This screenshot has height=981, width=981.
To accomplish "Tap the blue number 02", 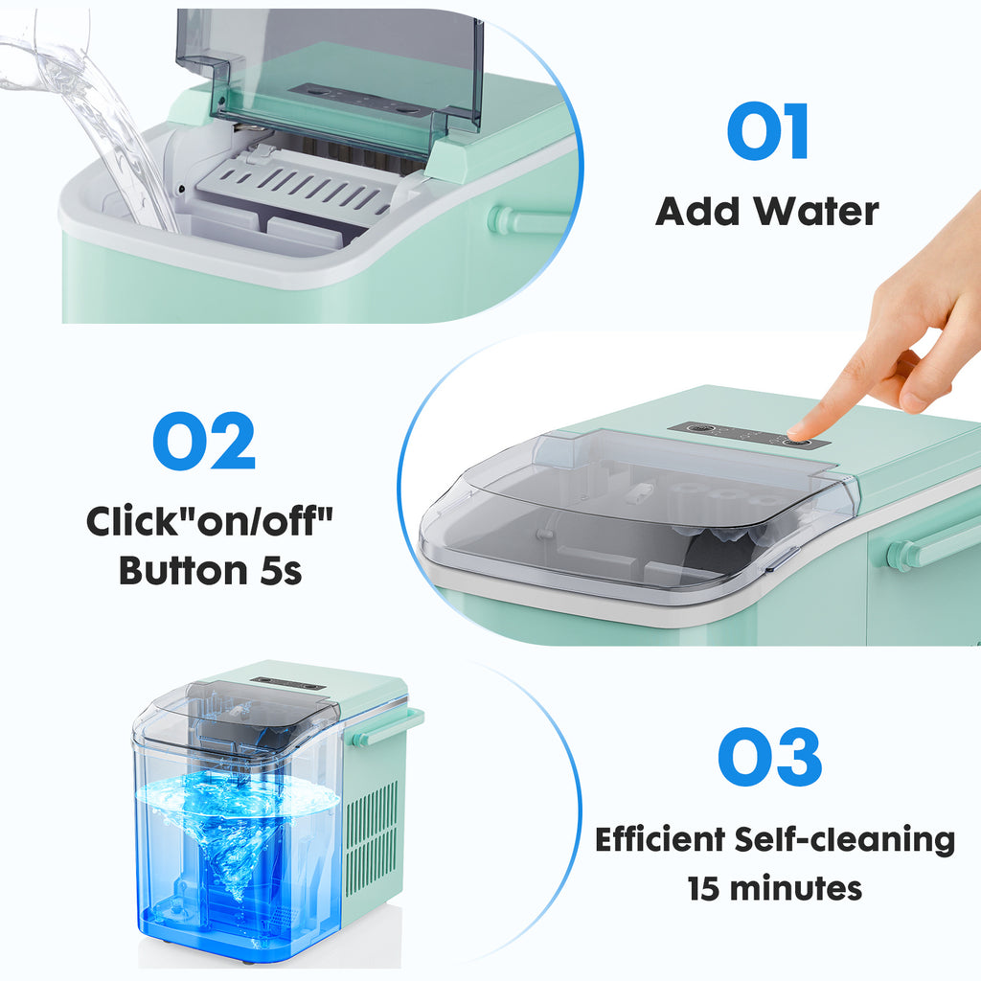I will tap(204, 441).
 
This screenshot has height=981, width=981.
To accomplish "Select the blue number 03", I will tap(769, 757).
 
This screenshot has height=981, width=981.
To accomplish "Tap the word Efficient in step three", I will tap(661, 840).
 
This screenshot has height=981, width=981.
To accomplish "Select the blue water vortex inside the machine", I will tap(235, 833).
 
